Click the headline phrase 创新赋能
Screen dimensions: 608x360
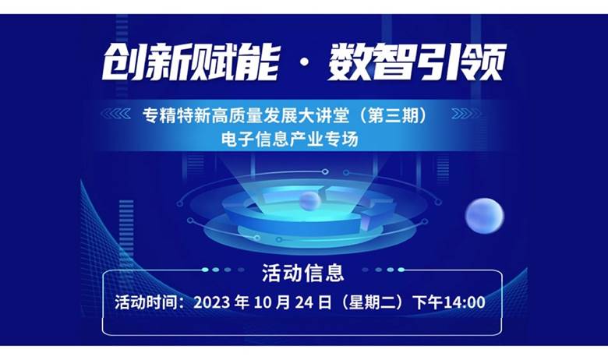(x=191, y=62)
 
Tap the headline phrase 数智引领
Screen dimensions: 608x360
(x=417, y=62)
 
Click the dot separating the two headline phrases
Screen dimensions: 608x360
(x=305, y=63)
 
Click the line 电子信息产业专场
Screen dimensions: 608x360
(x=290, y=139)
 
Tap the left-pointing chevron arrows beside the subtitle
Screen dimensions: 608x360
(x=116, y=114)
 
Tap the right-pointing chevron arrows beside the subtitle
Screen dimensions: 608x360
(x=465, y=114)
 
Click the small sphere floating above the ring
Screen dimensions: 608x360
(x=309, y=201)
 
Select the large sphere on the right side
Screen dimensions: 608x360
(x=484, y=216)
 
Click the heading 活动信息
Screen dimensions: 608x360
(x=303, y=273)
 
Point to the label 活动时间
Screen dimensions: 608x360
(x=146, y=302)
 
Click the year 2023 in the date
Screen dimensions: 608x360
(x=212, y=302)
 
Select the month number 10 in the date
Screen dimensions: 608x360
(x=262, y=302)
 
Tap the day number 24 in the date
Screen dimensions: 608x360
(x=304, y=302)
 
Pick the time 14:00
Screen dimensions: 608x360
(x=464, y=302)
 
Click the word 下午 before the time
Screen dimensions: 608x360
(x=428, y=302)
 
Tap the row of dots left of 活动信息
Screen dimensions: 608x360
(x=224, y=270)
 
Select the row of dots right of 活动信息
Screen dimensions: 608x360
(x=383, y=270)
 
